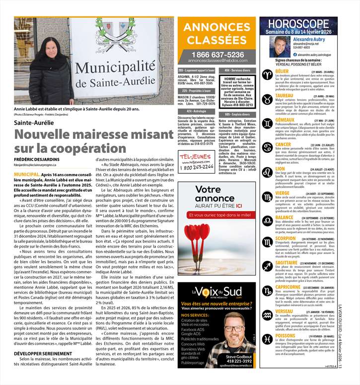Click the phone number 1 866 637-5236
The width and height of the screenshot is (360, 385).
217,54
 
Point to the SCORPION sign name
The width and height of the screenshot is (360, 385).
286,239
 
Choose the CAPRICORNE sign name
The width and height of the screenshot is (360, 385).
291,287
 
